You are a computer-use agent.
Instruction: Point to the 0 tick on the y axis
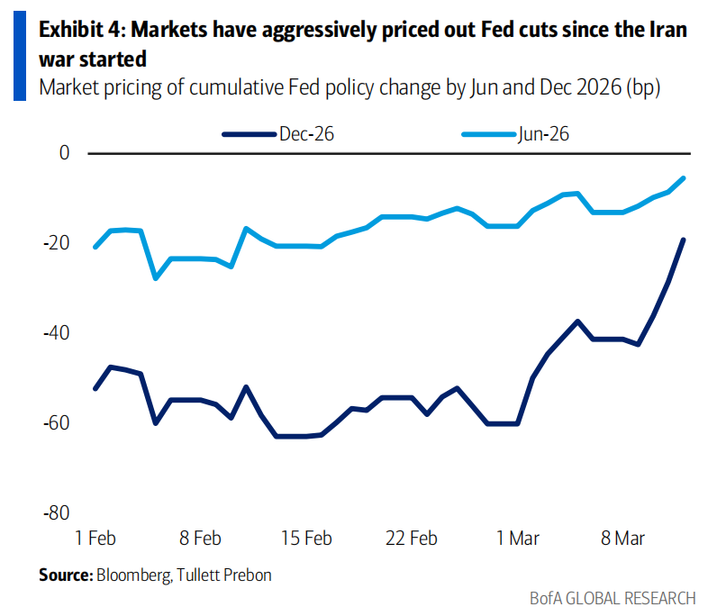[64, 153]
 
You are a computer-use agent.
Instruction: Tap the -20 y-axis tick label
[58, 243]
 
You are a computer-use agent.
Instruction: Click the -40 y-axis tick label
[58, 333]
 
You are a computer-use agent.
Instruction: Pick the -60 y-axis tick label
[58, 422]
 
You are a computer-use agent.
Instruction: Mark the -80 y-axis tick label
[58, 512]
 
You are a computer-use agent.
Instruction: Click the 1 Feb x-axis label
[95, 539]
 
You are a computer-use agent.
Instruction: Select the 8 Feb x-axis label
[200, 539]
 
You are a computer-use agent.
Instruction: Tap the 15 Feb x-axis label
[306, 539]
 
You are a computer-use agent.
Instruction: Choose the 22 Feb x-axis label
[412, 539]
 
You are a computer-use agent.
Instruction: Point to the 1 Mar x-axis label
[517, 539]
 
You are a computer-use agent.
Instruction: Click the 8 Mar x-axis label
[623, 539]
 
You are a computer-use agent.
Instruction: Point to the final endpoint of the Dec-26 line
[684, 240]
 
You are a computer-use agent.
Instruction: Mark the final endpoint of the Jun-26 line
[684, 178]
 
